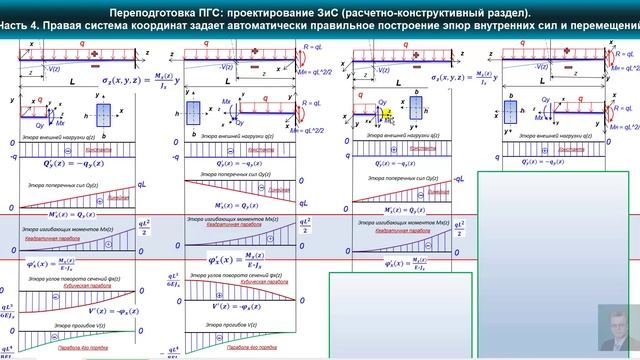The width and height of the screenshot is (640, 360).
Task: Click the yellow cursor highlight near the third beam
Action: pyautogui.click(x=386, y=113)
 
